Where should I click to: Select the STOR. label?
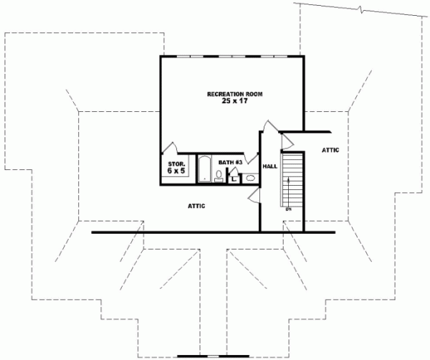point(176,164)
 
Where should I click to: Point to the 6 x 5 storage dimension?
point(176,172)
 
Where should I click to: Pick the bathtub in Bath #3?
point(204,170)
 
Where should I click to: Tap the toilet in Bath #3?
point(220,174)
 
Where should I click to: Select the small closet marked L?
point(234,179)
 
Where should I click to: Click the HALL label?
point(269,166)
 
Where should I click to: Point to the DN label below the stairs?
point(288,209)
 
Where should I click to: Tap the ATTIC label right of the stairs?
point(330,150)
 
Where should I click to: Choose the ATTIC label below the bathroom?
point(196,205)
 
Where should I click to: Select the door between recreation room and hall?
point(267,128)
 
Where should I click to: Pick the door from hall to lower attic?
point(253,199)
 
